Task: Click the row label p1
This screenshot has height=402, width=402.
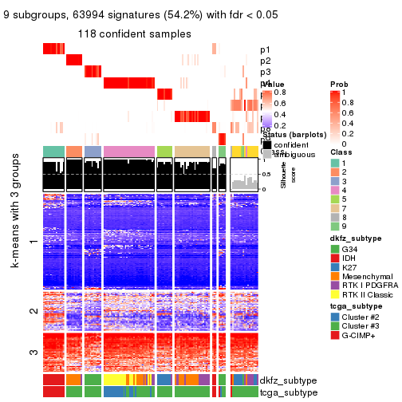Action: click(x=265, y=49)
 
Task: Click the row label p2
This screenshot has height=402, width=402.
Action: click(x=265, y=61)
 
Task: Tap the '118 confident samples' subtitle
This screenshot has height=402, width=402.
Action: click(x=134, y=33)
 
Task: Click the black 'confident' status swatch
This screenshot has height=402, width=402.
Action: click(x=266, y=144)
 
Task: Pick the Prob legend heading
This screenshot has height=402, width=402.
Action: click(x=338, y=84)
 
